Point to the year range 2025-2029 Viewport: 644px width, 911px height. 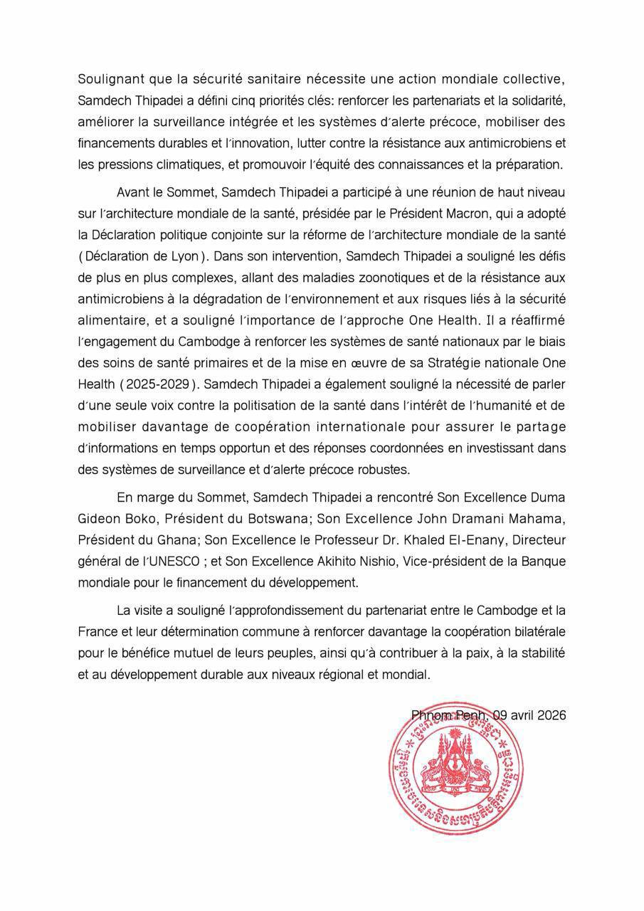coord(159,384)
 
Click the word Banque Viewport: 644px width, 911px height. coord(542,562)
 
